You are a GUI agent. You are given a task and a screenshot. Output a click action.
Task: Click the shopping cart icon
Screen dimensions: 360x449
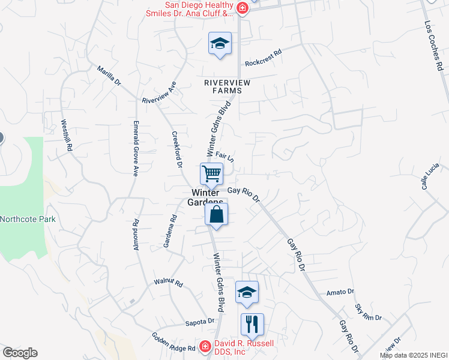click(x=211, y=174)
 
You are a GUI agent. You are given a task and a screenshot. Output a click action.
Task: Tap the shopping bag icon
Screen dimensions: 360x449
click(x=217, y=214)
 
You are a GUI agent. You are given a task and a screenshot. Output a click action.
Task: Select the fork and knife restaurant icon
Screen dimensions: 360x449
click(x=252, y=325)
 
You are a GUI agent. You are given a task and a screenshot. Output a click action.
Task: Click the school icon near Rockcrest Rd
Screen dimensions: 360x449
click(x=220, y=43)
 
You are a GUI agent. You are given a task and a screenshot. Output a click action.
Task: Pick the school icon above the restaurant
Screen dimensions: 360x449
click(x=247, y=292)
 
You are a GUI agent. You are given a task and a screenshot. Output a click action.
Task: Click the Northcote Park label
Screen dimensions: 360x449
click(x=28, y=219)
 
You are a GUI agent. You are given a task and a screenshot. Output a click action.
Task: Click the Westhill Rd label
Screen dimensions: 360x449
click(x=66, y=135)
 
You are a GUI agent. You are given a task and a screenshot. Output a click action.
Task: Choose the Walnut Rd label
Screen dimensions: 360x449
click(x=168, y=282)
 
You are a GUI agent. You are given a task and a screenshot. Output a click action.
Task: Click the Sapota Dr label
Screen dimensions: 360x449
click(x=199, y=321)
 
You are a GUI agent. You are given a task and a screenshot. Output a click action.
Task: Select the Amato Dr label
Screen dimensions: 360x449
click(x=340, y=292)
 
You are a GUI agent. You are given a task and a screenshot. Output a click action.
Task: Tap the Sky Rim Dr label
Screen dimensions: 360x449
click(x=368, y=313)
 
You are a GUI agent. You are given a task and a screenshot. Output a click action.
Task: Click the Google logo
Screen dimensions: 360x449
click(x=20, y=353)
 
